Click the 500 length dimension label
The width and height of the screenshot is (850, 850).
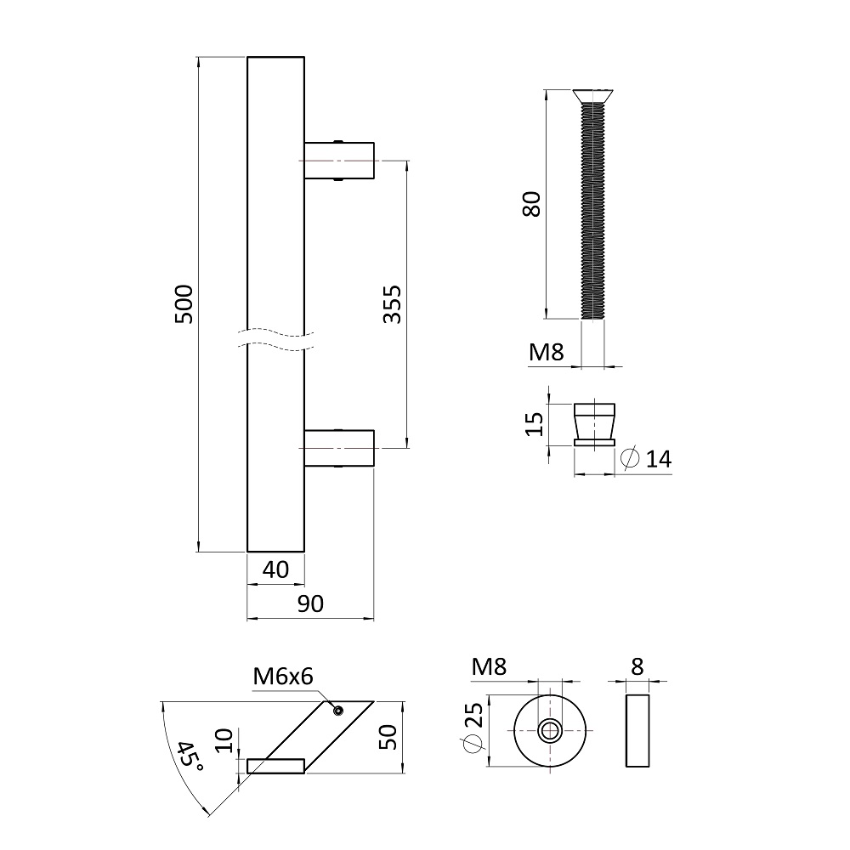click(x=184, y=304)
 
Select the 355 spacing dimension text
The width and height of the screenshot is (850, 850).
click(x=392, y=304)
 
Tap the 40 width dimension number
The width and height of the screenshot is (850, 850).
click(x=276, y=569)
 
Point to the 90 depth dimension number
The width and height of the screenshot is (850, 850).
click(x=310, y=603)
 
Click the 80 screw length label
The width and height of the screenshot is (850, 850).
click(x=532, y=204)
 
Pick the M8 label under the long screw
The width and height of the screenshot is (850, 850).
click(x=547, y=353)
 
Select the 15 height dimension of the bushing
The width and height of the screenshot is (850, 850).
click(x=534, y=424)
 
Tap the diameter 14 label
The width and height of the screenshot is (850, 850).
click(x=647, y=459)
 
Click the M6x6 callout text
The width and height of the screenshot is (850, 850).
click(x=283, y=677)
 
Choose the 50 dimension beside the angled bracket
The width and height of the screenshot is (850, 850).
click(x=388, y=737)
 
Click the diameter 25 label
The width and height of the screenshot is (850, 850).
click(x=472, y=728)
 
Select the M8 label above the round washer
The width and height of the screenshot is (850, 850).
click(x=489, y=666)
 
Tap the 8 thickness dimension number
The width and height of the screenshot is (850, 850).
click(x=637, y=666)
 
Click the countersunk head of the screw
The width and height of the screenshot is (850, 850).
click(x=593, y=96)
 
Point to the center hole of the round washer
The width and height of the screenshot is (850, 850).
click(x=550, y=731)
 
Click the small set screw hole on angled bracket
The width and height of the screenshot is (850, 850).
click(x=339, y=710)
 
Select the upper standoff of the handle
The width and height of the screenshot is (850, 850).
click(x=339, y=161)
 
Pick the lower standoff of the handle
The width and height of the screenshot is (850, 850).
click(x=339, y=448)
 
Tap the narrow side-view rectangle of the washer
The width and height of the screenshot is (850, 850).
click(x=637, y=731)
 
